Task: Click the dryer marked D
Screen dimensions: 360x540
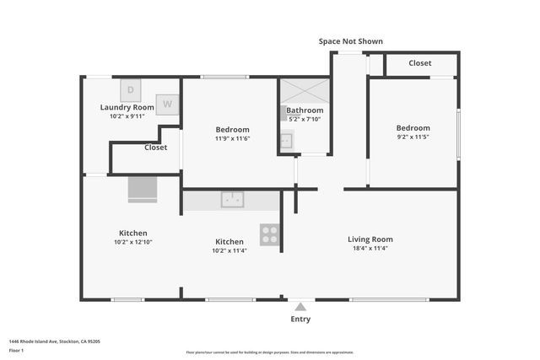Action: (131, 89)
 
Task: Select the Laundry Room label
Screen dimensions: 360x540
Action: (127, 108)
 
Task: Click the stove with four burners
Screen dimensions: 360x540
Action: (270, 234)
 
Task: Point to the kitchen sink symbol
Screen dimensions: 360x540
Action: (232, 200)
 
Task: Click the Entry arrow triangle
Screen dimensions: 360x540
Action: (301, 306)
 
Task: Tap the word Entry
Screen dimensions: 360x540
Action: (301, 319)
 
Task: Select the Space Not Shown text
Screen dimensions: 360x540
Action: (350, 41)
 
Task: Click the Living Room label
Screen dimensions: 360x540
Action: (370, 239)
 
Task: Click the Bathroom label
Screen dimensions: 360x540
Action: (305, 110)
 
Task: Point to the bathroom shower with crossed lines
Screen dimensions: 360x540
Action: (305, 91)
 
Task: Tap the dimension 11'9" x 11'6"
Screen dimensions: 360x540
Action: (232, 138)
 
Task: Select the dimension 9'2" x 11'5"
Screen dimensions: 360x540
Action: (413, 137)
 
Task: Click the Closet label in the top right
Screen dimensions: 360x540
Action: (420, 63)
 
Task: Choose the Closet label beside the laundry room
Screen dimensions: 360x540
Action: (155, 147)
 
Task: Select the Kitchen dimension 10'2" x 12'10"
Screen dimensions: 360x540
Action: (132, 242)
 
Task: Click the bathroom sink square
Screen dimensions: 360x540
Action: (286, 141)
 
